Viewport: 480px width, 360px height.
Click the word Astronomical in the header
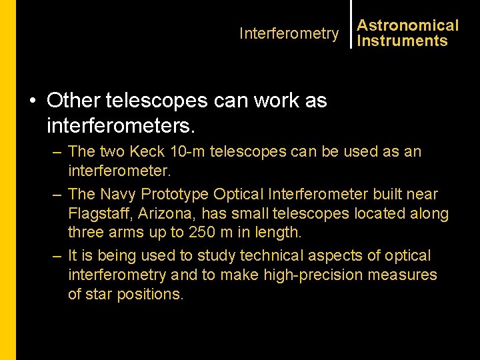[407, 26]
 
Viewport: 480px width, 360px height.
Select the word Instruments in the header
[402, 41]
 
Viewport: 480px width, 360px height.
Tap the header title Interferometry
[289, 33]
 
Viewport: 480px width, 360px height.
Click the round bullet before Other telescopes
[33, 101]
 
